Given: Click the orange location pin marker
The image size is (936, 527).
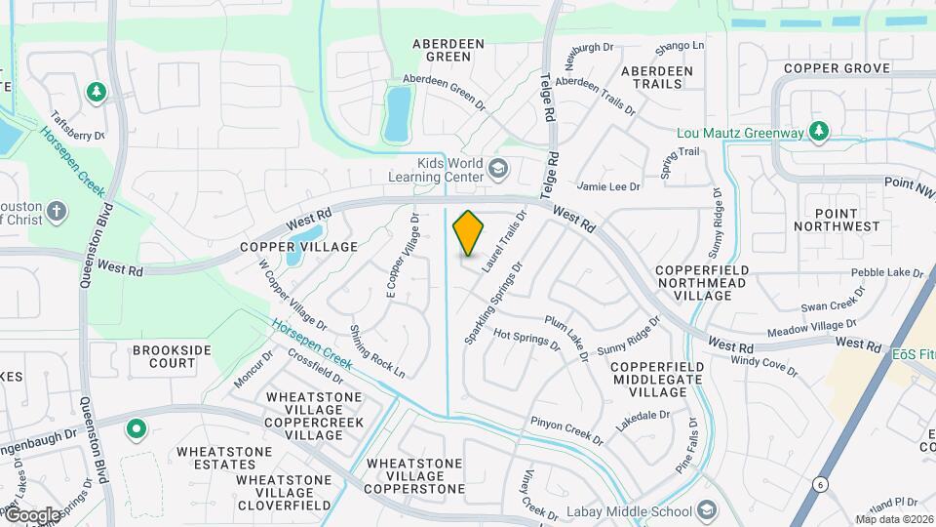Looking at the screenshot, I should [469, 232].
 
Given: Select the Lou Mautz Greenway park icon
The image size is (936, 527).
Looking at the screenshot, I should [820, 131].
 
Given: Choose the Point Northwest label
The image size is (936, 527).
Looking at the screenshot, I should [837, 220].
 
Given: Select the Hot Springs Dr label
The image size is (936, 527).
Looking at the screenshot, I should [526, 338].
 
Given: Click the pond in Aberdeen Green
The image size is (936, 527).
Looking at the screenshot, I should [397, 113].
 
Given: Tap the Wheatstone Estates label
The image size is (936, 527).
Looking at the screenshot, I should [224, 458].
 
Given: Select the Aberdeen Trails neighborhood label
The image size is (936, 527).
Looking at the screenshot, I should [657, 77].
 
